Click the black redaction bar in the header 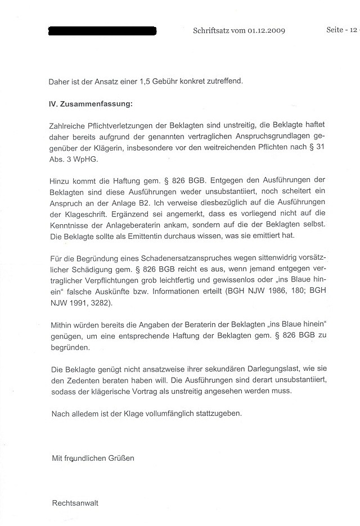point(102,30)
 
